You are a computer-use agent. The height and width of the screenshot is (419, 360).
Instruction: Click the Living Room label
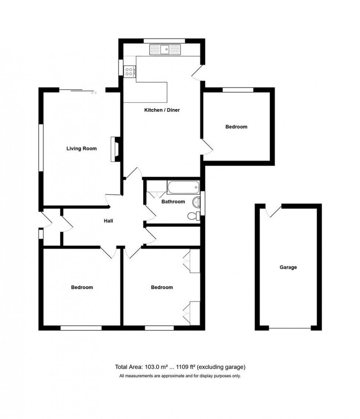pos(82,149)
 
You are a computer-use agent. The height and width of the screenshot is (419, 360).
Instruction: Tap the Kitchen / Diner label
pos(162,110)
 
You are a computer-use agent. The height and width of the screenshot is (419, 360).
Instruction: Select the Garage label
pos(288,267)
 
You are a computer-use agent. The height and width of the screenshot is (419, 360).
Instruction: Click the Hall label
pos(108,221)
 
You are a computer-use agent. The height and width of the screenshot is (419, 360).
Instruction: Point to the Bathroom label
pos(173,202)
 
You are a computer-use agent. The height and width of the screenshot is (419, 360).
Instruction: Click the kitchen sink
pos(166,49)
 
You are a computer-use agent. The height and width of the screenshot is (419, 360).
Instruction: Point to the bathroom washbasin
pos(197,201)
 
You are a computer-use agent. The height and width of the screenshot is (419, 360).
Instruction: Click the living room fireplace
pos(115,149)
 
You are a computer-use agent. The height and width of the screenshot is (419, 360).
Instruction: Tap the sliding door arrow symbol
pos(94,93)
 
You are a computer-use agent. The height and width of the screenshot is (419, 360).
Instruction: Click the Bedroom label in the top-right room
pos(236,127)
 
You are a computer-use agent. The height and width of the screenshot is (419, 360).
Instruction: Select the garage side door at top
pos(273,211)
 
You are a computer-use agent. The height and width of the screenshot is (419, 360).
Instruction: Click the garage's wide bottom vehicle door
pos(289,328)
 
